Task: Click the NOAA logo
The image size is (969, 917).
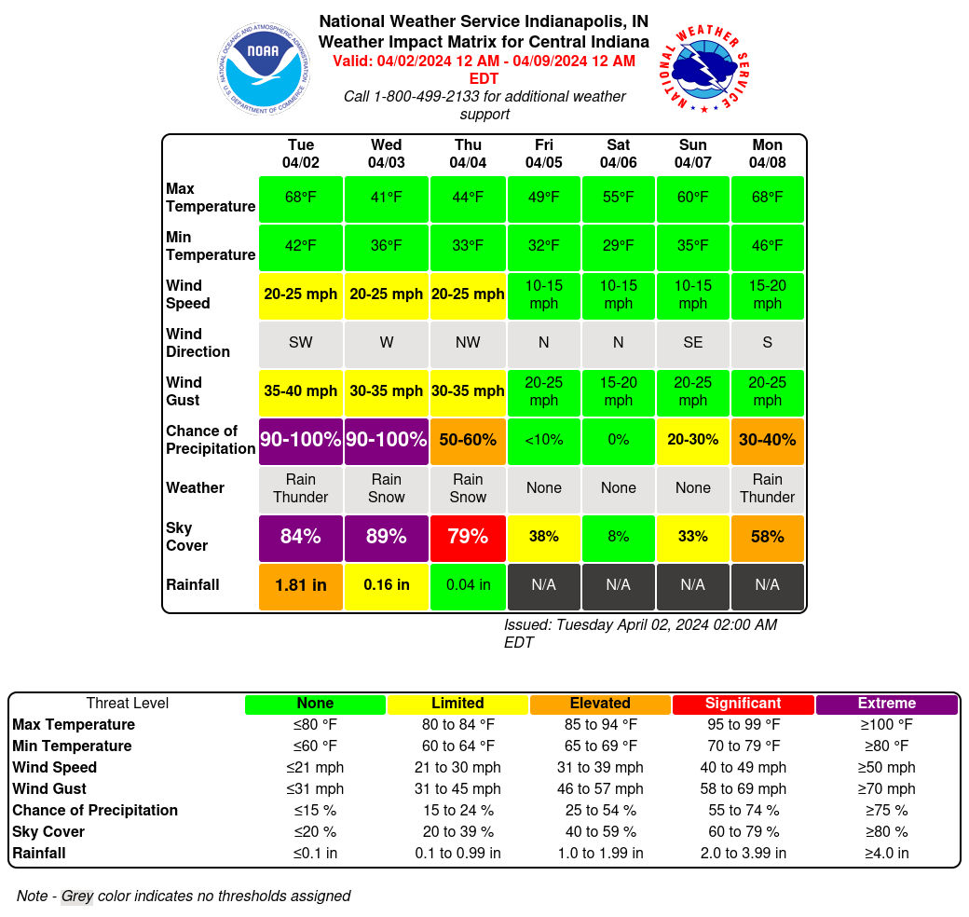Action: pos(263,68)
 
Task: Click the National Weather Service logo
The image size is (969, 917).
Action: pos(706,68)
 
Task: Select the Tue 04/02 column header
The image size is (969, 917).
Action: pos(300,154)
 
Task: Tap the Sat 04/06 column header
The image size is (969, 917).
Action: pos(618,154)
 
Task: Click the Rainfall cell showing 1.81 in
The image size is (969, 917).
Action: pos(300,585)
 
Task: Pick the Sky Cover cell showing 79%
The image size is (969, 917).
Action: pos(468,537)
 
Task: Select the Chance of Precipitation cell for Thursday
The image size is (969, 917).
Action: pos(468,440)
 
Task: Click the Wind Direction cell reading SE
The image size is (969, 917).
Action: pos(692,343)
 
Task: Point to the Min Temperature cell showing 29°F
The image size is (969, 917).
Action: pos(618,246)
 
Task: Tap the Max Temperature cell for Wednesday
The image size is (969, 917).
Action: pos(386,198)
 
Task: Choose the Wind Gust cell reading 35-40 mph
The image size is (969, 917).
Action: pos(300,391)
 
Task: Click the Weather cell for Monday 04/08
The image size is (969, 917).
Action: pos(767,488)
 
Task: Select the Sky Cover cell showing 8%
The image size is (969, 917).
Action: pos(618,537)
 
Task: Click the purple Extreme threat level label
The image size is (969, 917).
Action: pos(886,704)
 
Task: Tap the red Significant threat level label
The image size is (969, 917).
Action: pos(743,704)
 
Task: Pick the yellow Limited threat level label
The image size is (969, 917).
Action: pos(457,704)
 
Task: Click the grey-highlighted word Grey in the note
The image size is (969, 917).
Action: pos(77,896)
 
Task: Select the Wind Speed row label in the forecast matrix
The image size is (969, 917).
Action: pos(188,294)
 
